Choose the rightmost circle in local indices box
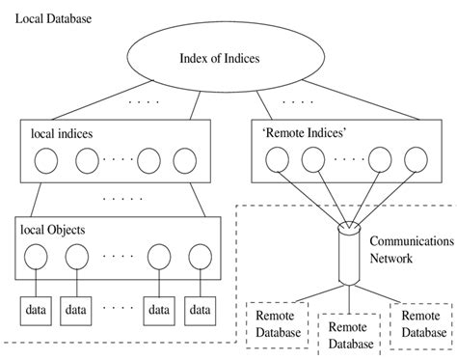click(x=182, y=160)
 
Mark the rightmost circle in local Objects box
click(x=199, y=259)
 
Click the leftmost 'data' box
click(x=36, y=310)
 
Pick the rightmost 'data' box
click(x=199, y=310)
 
